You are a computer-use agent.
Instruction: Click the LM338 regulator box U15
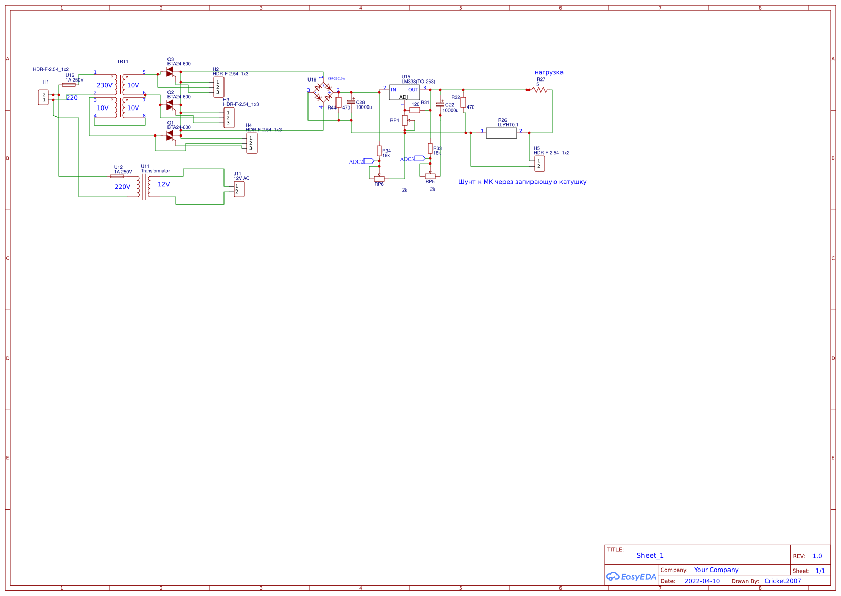(x=404, y=92)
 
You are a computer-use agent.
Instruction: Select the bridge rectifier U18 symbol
(x=323, y=92)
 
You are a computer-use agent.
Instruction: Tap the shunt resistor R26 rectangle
(x=501, y=133)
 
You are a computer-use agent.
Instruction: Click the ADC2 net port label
(x=369, y=161)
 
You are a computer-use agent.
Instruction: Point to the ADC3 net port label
(x=419, y=159)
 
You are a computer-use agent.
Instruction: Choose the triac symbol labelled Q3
(x=170, y=72)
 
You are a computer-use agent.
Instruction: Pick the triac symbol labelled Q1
(x=170, y=136)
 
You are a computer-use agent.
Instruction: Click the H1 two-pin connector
(x=43, y=97)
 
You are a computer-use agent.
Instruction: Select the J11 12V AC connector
(x=239, y=189)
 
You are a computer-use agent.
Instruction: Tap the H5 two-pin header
(x=540, y=164)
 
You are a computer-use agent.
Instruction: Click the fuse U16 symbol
(x=69, y=85)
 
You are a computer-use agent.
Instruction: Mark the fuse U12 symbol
(x=117, y=176)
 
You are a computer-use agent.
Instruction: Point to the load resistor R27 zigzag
(x=539, y=90)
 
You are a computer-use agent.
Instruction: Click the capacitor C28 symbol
(x=351, y=102)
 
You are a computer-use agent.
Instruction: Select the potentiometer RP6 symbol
(x=379, y=178)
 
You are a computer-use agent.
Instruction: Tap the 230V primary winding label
(x=104, y=85)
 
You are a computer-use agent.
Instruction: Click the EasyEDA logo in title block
(x=631, y=577)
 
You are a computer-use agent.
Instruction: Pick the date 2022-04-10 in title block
(x=702, y=581)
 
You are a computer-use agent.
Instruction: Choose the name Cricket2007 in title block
(x=782, y=581)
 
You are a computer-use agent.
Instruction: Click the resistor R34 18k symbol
(x=379, y=151)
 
